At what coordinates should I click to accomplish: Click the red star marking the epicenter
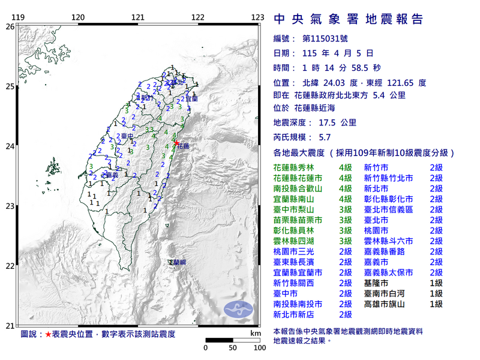(x=176, y=143)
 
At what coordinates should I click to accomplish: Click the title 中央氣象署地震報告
(x=348, y=20)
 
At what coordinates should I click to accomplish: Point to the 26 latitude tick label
(x=10, y=26)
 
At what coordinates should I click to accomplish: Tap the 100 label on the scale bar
(x=260, y=347)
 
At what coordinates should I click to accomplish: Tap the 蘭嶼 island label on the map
(x=177, y=263)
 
